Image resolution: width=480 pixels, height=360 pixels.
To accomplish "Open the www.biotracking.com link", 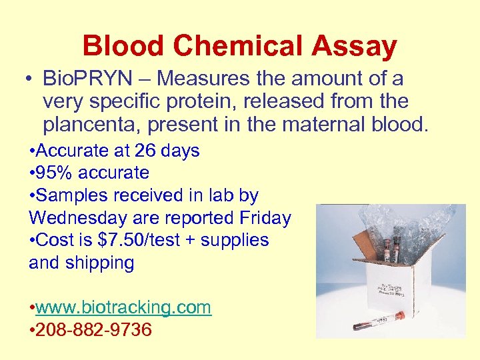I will [x=123, y=307].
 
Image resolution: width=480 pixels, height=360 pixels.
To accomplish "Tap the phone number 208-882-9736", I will [x=94, y=330].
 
